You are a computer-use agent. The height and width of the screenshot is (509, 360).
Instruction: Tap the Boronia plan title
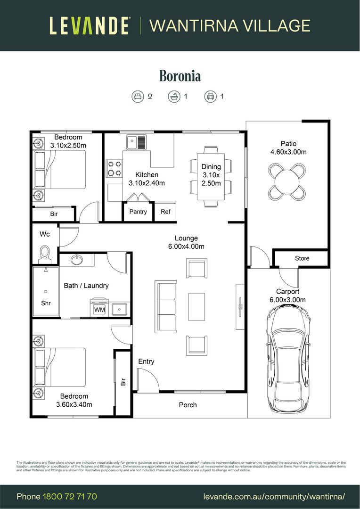[180, 75]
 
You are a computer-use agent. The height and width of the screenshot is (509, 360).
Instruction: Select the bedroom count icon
[137, 97]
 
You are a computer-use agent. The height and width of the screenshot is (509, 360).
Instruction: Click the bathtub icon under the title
[174, 97]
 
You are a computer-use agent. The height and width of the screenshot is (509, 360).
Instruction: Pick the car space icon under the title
[210, 97]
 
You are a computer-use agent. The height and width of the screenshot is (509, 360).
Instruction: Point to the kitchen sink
[137, 140]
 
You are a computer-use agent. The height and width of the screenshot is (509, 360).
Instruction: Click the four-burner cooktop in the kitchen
[114, 169]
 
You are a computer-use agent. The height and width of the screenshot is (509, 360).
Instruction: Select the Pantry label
[138, 212]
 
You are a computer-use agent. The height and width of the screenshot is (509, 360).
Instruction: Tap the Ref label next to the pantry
[165, 212]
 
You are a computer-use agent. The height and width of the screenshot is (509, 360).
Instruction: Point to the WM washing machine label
[99, 310]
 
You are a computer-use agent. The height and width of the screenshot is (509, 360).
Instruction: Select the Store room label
[302, 258]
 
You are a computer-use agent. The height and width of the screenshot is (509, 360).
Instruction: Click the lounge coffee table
[196, 307]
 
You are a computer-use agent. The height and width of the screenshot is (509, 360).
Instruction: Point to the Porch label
[188, 405]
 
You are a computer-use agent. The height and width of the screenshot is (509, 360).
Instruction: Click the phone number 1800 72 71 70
[70, 496]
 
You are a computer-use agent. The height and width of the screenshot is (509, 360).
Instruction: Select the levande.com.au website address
[274, 496]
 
